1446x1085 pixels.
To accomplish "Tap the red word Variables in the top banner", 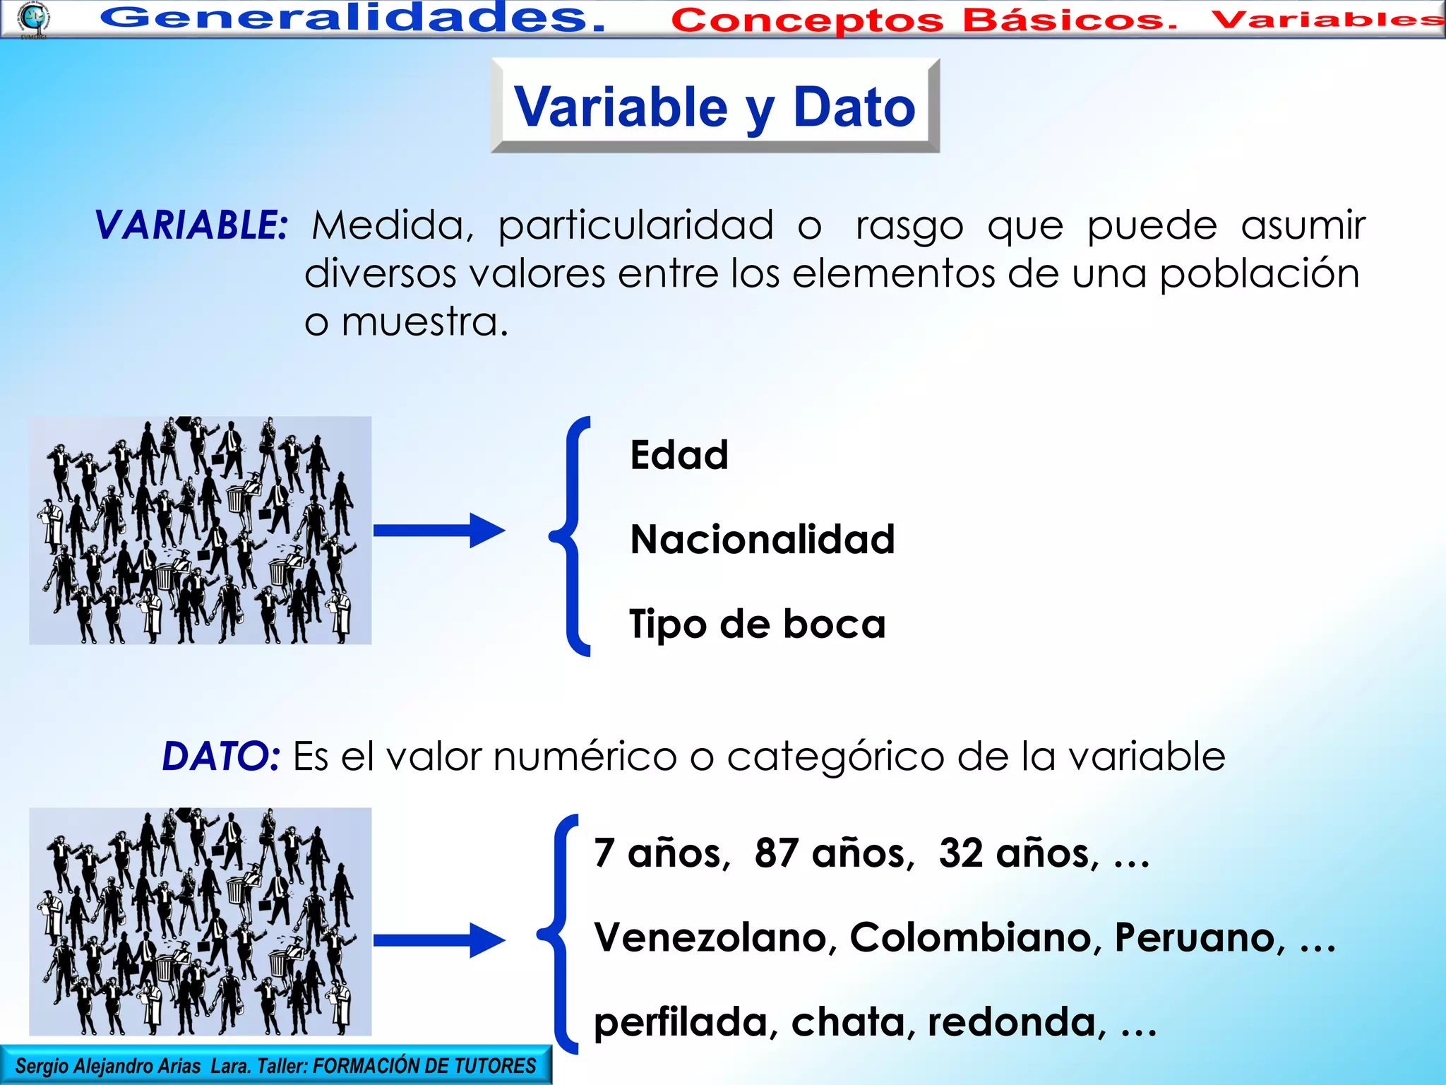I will [x=1327, y=19].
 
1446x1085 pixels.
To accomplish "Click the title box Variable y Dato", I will [x=715, y=106].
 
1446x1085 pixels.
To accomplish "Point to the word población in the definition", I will [x=1260, y=274].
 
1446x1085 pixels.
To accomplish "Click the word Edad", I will [x=679, y=455].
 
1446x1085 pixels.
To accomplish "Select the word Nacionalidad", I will [x=763, y=540].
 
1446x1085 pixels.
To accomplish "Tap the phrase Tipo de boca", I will [x=757, y=624].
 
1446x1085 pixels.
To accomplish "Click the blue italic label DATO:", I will [x=221, y=757].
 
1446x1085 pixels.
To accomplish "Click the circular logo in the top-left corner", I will [x=34, y=18].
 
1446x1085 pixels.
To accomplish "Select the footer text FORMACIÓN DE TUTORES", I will [x=424, y=1066].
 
